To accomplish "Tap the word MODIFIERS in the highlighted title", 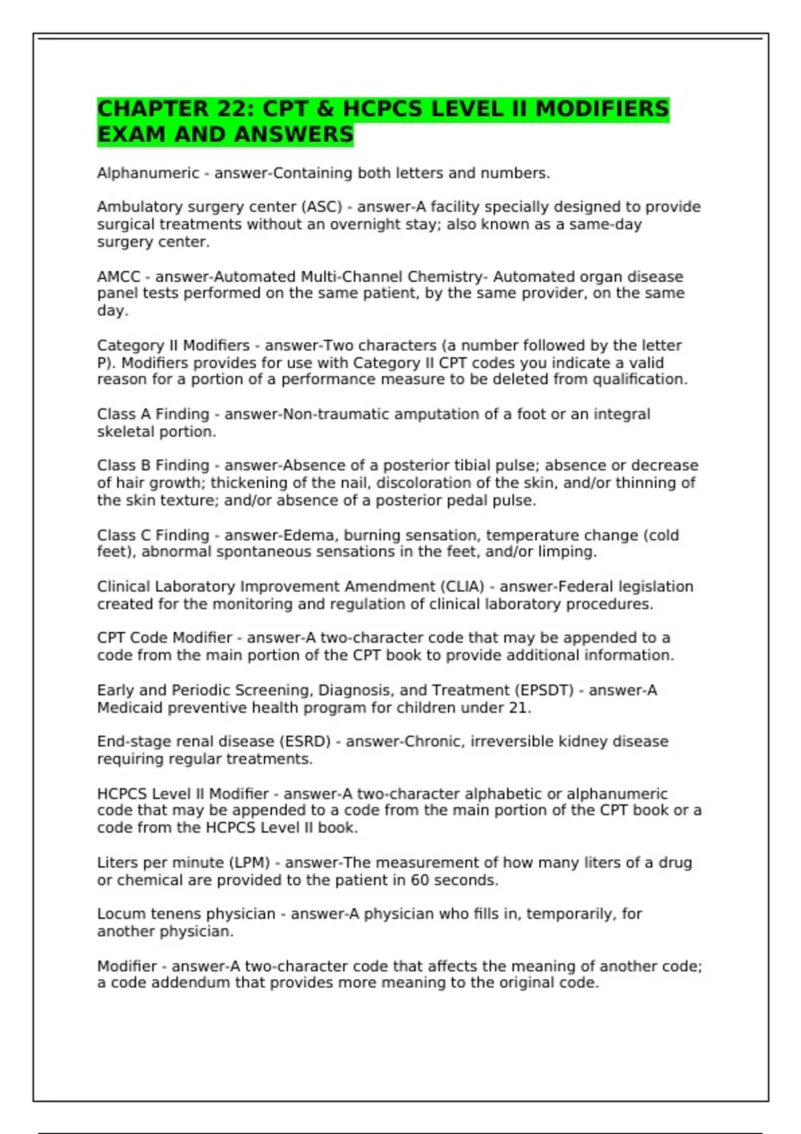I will pyautogui.click(x=601, y=109).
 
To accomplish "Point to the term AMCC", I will pyautogui.click(x=119, y=276).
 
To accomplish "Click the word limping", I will pyautogui.click(x=572, y=552).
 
